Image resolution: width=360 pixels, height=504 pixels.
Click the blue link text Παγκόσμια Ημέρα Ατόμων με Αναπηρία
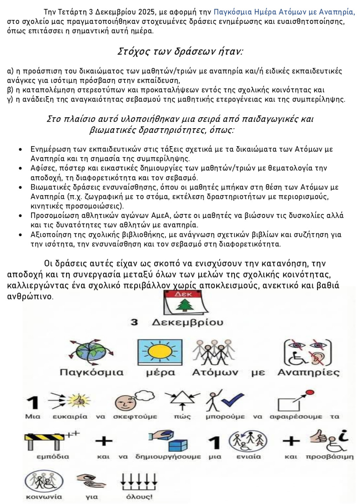click(284, 12)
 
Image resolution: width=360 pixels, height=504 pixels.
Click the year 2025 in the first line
click(148, 12)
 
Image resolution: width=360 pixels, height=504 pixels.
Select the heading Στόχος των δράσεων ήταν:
click(180, 51)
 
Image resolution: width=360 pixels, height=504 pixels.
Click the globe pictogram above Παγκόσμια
click(91, 353)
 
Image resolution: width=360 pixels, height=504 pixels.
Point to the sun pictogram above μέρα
click(160, 353)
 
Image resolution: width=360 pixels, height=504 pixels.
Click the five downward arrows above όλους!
click(139, 481)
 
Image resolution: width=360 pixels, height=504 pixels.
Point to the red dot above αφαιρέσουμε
click(310, 393)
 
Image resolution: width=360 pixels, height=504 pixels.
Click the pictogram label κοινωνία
click(44, 497)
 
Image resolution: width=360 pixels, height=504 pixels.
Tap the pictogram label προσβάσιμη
click(329, 457)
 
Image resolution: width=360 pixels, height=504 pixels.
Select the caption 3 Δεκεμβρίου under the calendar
click(177, 322)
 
